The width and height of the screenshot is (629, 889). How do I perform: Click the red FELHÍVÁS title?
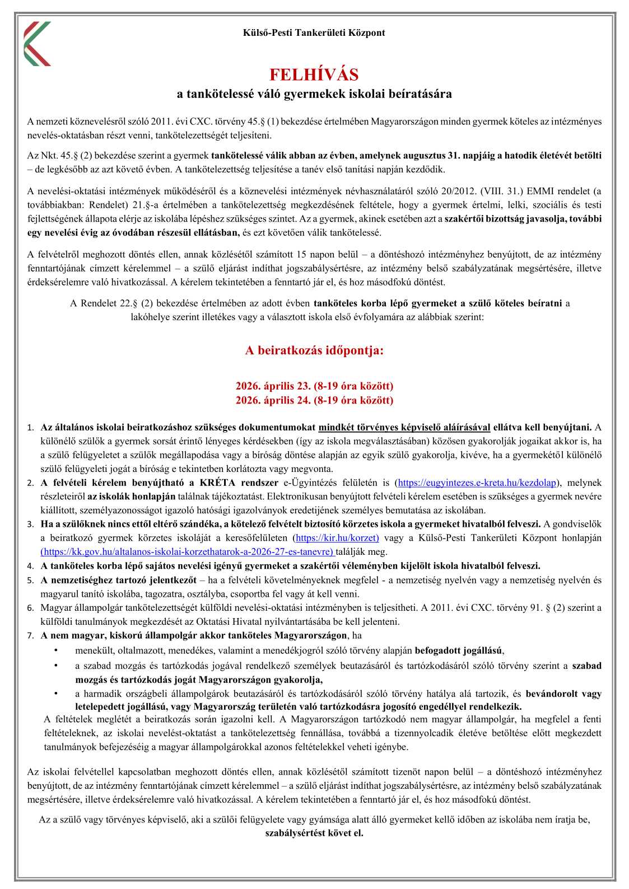[x=314, y=74]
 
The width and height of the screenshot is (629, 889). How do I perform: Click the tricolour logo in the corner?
[x=38, y=44]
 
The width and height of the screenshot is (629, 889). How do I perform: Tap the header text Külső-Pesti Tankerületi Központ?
[x=314, y=32]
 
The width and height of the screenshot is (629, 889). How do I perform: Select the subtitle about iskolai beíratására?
[x=314, y=94]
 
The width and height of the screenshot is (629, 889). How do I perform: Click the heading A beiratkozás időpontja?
[x=314, y=350]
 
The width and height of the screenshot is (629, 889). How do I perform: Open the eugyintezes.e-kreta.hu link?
[x=477, y=483]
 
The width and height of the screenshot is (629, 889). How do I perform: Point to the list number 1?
[x=31, y=428]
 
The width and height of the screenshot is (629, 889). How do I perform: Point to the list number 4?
[x=31, y=566]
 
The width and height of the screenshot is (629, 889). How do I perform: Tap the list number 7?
[x=31, y=635]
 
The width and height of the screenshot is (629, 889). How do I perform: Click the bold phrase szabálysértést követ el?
[x=314, y=832]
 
